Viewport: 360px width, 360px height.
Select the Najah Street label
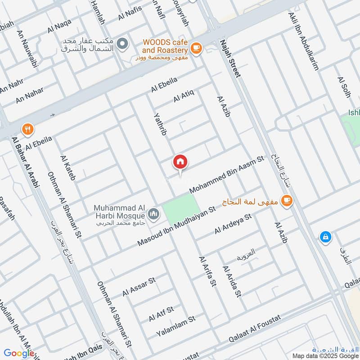tap(229, 58)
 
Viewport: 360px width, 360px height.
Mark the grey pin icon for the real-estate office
tap(121, 44)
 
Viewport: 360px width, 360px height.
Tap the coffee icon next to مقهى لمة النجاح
tap(285, 200)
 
